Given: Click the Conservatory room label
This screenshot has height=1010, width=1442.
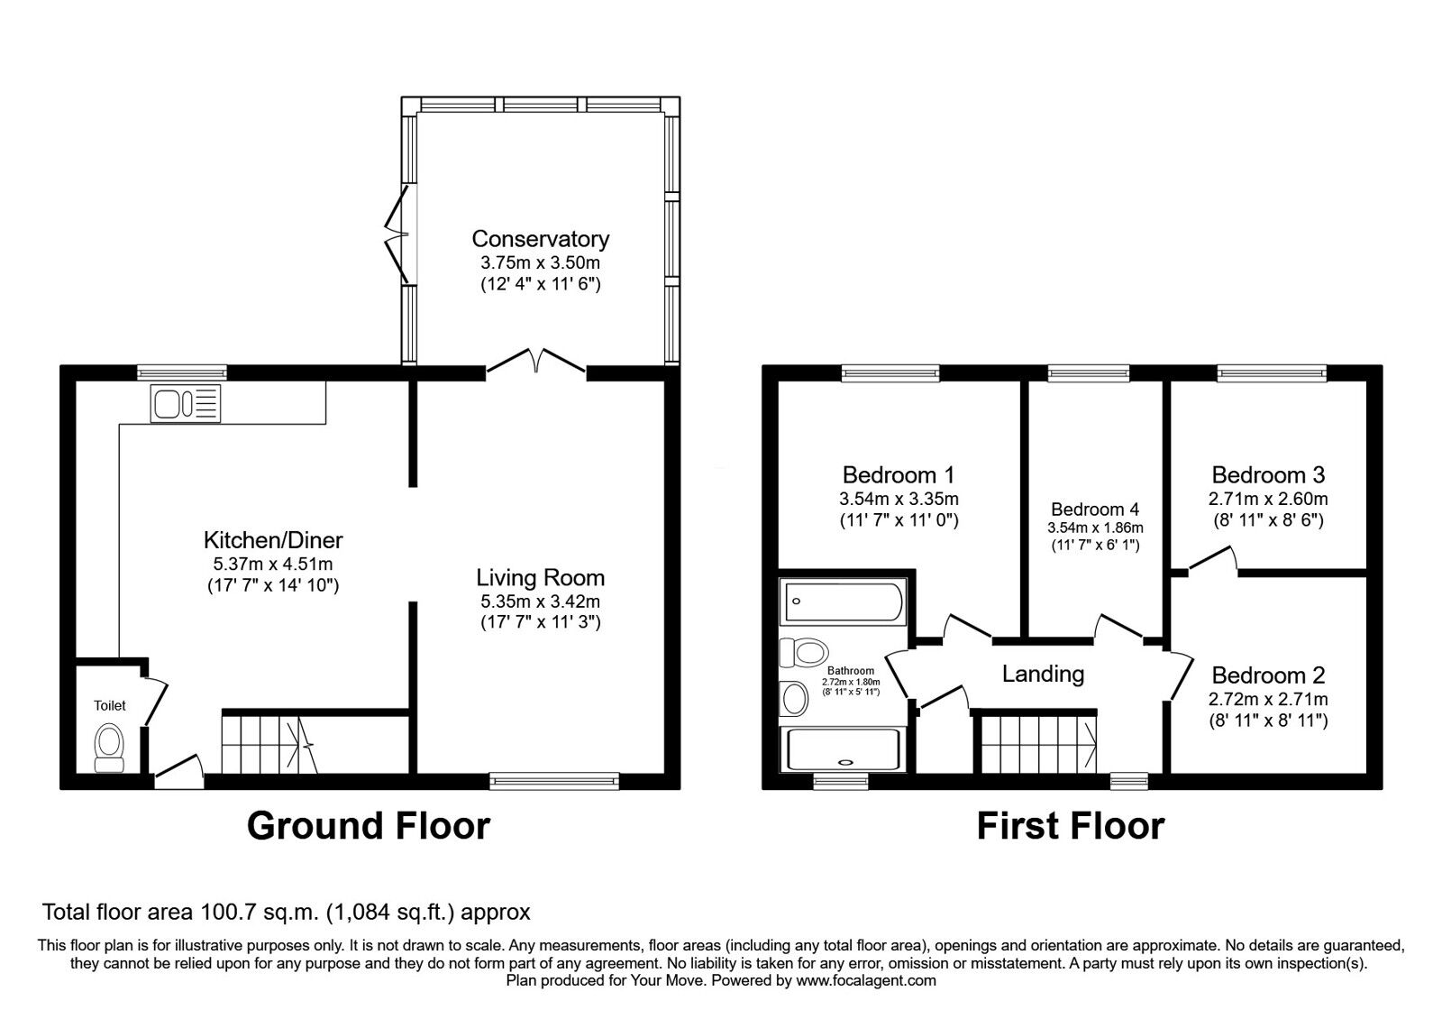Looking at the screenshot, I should coord(540,239).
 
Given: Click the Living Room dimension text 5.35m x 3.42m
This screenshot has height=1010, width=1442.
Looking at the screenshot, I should coord(540,601).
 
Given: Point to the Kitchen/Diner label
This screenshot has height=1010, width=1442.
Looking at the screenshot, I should coord(273,540).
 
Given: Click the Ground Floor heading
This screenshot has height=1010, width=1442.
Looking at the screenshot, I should coord(369,826).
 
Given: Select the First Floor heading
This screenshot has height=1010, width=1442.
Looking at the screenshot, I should coord(1071,826).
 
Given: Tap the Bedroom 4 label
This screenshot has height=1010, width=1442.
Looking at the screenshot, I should coord(1094,510).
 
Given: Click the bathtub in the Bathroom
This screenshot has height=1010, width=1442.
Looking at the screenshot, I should coord(844,601).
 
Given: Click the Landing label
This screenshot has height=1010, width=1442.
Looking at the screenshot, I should coord(1043,674).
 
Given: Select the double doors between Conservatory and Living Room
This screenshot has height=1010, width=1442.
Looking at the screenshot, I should coord(537,363).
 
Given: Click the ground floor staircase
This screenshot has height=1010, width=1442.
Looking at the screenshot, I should coord(270,742).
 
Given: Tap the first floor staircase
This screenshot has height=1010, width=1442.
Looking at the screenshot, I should coord(1039,742).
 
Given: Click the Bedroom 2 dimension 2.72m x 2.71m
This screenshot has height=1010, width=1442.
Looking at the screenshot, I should coord(1268,699).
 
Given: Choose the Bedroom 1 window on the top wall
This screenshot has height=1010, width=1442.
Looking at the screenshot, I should coord(890,371).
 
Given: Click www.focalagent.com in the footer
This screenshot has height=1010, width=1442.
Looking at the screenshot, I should coord(866,980).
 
